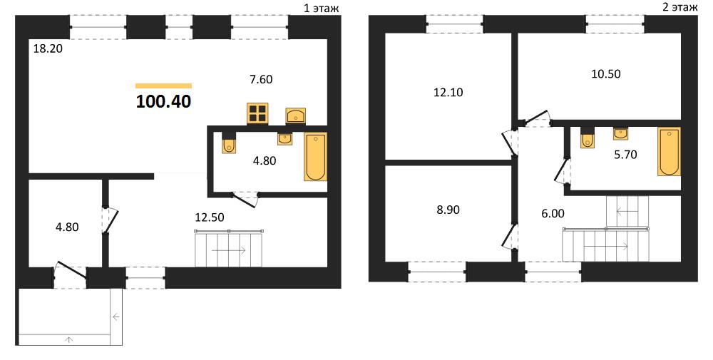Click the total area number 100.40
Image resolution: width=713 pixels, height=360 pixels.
coord(164,102)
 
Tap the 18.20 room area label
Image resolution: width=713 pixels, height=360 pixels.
coord(48,48)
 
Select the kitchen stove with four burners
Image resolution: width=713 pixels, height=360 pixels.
coord(257,113)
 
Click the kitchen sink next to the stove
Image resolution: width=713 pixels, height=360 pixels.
coord(296,116)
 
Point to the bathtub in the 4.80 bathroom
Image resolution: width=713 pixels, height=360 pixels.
coord(315,156)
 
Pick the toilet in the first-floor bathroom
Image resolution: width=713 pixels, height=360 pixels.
coord(229,143)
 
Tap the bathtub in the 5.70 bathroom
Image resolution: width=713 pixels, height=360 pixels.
coord(669,151)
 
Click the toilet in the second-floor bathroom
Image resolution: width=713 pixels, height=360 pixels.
coord(588,138)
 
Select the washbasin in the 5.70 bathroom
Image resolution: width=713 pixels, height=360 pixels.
coord(621,133)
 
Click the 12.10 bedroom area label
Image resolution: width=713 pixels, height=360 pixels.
coord(448,92)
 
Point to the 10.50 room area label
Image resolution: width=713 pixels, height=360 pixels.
coord(605,73)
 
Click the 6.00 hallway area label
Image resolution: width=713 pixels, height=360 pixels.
coord(553,213)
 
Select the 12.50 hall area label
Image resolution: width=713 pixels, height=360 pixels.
coord(210,217)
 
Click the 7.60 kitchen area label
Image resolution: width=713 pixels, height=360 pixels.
coord(261,79)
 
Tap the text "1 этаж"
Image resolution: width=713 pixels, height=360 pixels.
coord(321,8)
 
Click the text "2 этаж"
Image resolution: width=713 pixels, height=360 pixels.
coord(679,7)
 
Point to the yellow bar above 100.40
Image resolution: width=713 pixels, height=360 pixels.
coord(164,86)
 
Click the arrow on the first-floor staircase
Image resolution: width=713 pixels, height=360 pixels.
coord(229,250)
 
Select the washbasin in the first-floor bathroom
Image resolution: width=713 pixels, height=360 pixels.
coord(285,138)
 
